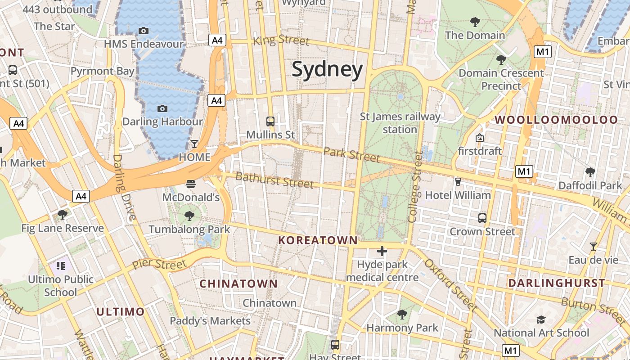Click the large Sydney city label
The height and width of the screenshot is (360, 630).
(x=327, y=70)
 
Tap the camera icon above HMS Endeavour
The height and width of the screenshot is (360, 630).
(x=144, y=31)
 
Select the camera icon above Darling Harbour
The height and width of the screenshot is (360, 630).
(x=162, y=108)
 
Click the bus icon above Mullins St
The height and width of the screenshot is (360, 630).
(x=270, y=121)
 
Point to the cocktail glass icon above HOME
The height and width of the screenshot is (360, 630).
(x=194, y=144)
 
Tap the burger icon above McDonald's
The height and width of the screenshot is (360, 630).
(x=191, y=184)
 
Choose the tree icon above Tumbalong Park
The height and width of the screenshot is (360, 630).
(x=189, y=216)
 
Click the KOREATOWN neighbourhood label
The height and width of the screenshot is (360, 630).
(x=318, y=240)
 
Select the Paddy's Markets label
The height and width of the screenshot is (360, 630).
(x=210, y=321)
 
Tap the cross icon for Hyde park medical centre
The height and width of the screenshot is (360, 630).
(x=382, y=251)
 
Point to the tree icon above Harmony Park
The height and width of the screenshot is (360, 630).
(x=402, y=314)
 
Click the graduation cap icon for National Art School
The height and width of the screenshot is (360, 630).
(x=541, y=319)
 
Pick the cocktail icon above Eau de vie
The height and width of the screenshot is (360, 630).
(x=594, y=246)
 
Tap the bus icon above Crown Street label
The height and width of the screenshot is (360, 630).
(x=482, y=218)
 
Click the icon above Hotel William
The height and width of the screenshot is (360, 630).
(x=458, y=181)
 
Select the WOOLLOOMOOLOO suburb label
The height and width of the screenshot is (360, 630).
(x=557, y=120)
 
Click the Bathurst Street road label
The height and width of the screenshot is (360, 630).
(x=274, y=180)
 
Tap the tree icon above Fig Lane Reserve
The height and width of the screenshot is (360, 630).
(x=63, y=214)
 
